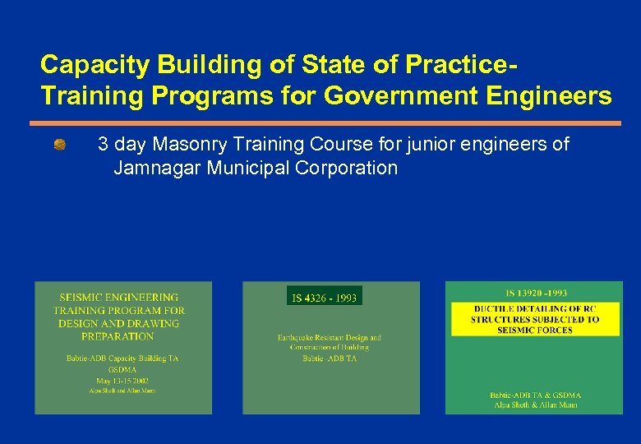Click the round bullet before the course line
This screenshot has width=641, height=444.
coord(60,146)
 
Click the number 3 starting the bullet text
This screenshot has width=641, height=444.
coord(104,146)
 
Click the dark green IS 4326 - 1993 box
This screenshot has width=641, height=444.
coord(324,297)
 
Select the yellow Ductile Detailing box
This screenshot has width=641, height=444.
coord(535,319)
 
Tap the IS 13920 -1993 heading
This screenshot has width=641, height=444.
coord(536,294)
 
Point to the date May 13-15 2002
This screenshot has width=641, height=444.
coord(119,381)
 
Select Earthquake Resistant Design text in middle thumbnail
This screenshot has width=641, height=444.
coord(330,337)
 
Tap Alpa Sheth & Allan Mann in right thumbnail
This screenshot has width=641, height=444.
coord(536,405)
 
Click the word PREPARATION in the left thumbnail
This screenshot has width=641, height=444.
coord(118,336)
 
